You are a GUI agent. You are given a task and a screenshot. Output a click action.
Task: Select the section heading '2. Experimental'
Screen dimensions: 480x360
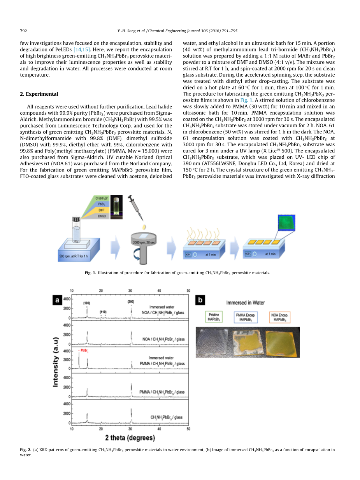(x=39, y=94)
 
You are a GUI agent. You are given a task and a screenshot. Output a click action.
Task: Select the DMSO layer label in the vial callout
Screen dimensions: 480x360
(x=102, y=215)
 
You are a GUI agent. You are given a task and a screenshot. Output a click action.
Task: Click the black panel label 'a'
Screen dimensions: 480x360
(x=58, y=300)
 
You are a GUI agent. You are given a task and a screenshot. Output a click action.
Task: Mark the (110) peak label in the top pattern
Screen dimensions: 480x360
(x=103, y=312)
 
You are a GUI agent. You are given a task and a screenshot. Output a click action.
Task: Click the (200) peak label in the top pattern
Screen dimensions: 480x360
(x=131, y=302)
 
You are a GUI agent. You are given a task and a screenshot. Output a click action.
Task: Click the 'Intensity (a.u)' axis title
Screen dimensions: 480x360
(x=56, y=362)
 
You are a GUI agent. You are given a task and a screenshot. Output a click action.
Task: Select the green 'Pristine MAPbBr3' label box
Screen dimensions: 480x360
(x=214, y=317)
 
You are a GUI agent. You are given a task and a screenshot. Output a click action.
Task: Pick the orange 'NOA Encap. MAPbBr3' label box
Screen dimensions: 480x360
(x=280, y=317)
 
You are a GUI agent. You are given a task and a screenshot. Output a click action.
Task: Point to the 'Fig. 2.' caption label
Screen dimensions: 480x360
(x=26, y=450)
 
